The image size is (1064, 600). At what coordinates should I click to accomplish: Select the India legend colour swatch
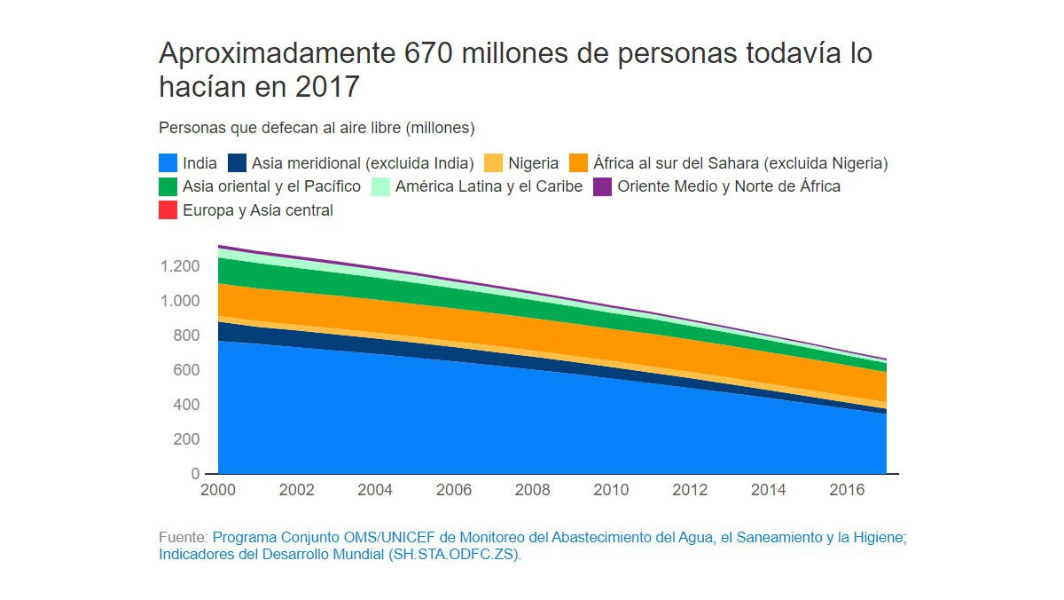click(168, 163)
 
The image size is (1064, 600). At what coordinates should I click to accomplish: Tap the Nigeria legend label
click(533, 163)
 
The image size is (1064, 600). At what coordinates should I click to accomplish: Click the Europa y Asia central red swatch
click(168, 210)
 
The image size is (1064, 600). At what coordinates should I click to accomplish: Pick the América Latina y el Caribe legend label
click(489, 186)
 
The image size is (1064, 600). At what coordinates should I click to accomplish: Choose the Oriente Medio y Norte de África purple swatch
click(602, 186)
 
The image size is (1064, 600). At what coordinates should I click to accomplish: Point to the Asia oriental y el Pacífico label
click(271, 186)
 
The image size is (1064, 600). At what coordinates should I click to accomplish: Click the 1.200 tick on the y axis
click(180, 266)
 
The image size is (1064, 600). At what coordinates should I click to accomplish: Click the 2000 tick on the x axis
click(218, 490)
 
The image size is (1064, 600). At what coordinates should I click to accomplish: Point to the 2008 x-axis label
click(532, 490)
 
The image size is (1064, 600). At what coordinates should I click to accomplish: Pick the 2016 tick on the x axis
click(847, 490)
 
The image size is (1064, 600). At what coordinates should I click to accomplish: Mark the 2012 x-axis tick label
click(690, 490)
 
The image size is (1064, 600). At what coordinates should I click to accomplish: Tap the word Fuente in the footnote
click(183, 538)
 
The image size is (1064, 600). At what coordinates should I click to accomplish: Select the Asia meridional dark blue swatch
click(237, 163)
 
